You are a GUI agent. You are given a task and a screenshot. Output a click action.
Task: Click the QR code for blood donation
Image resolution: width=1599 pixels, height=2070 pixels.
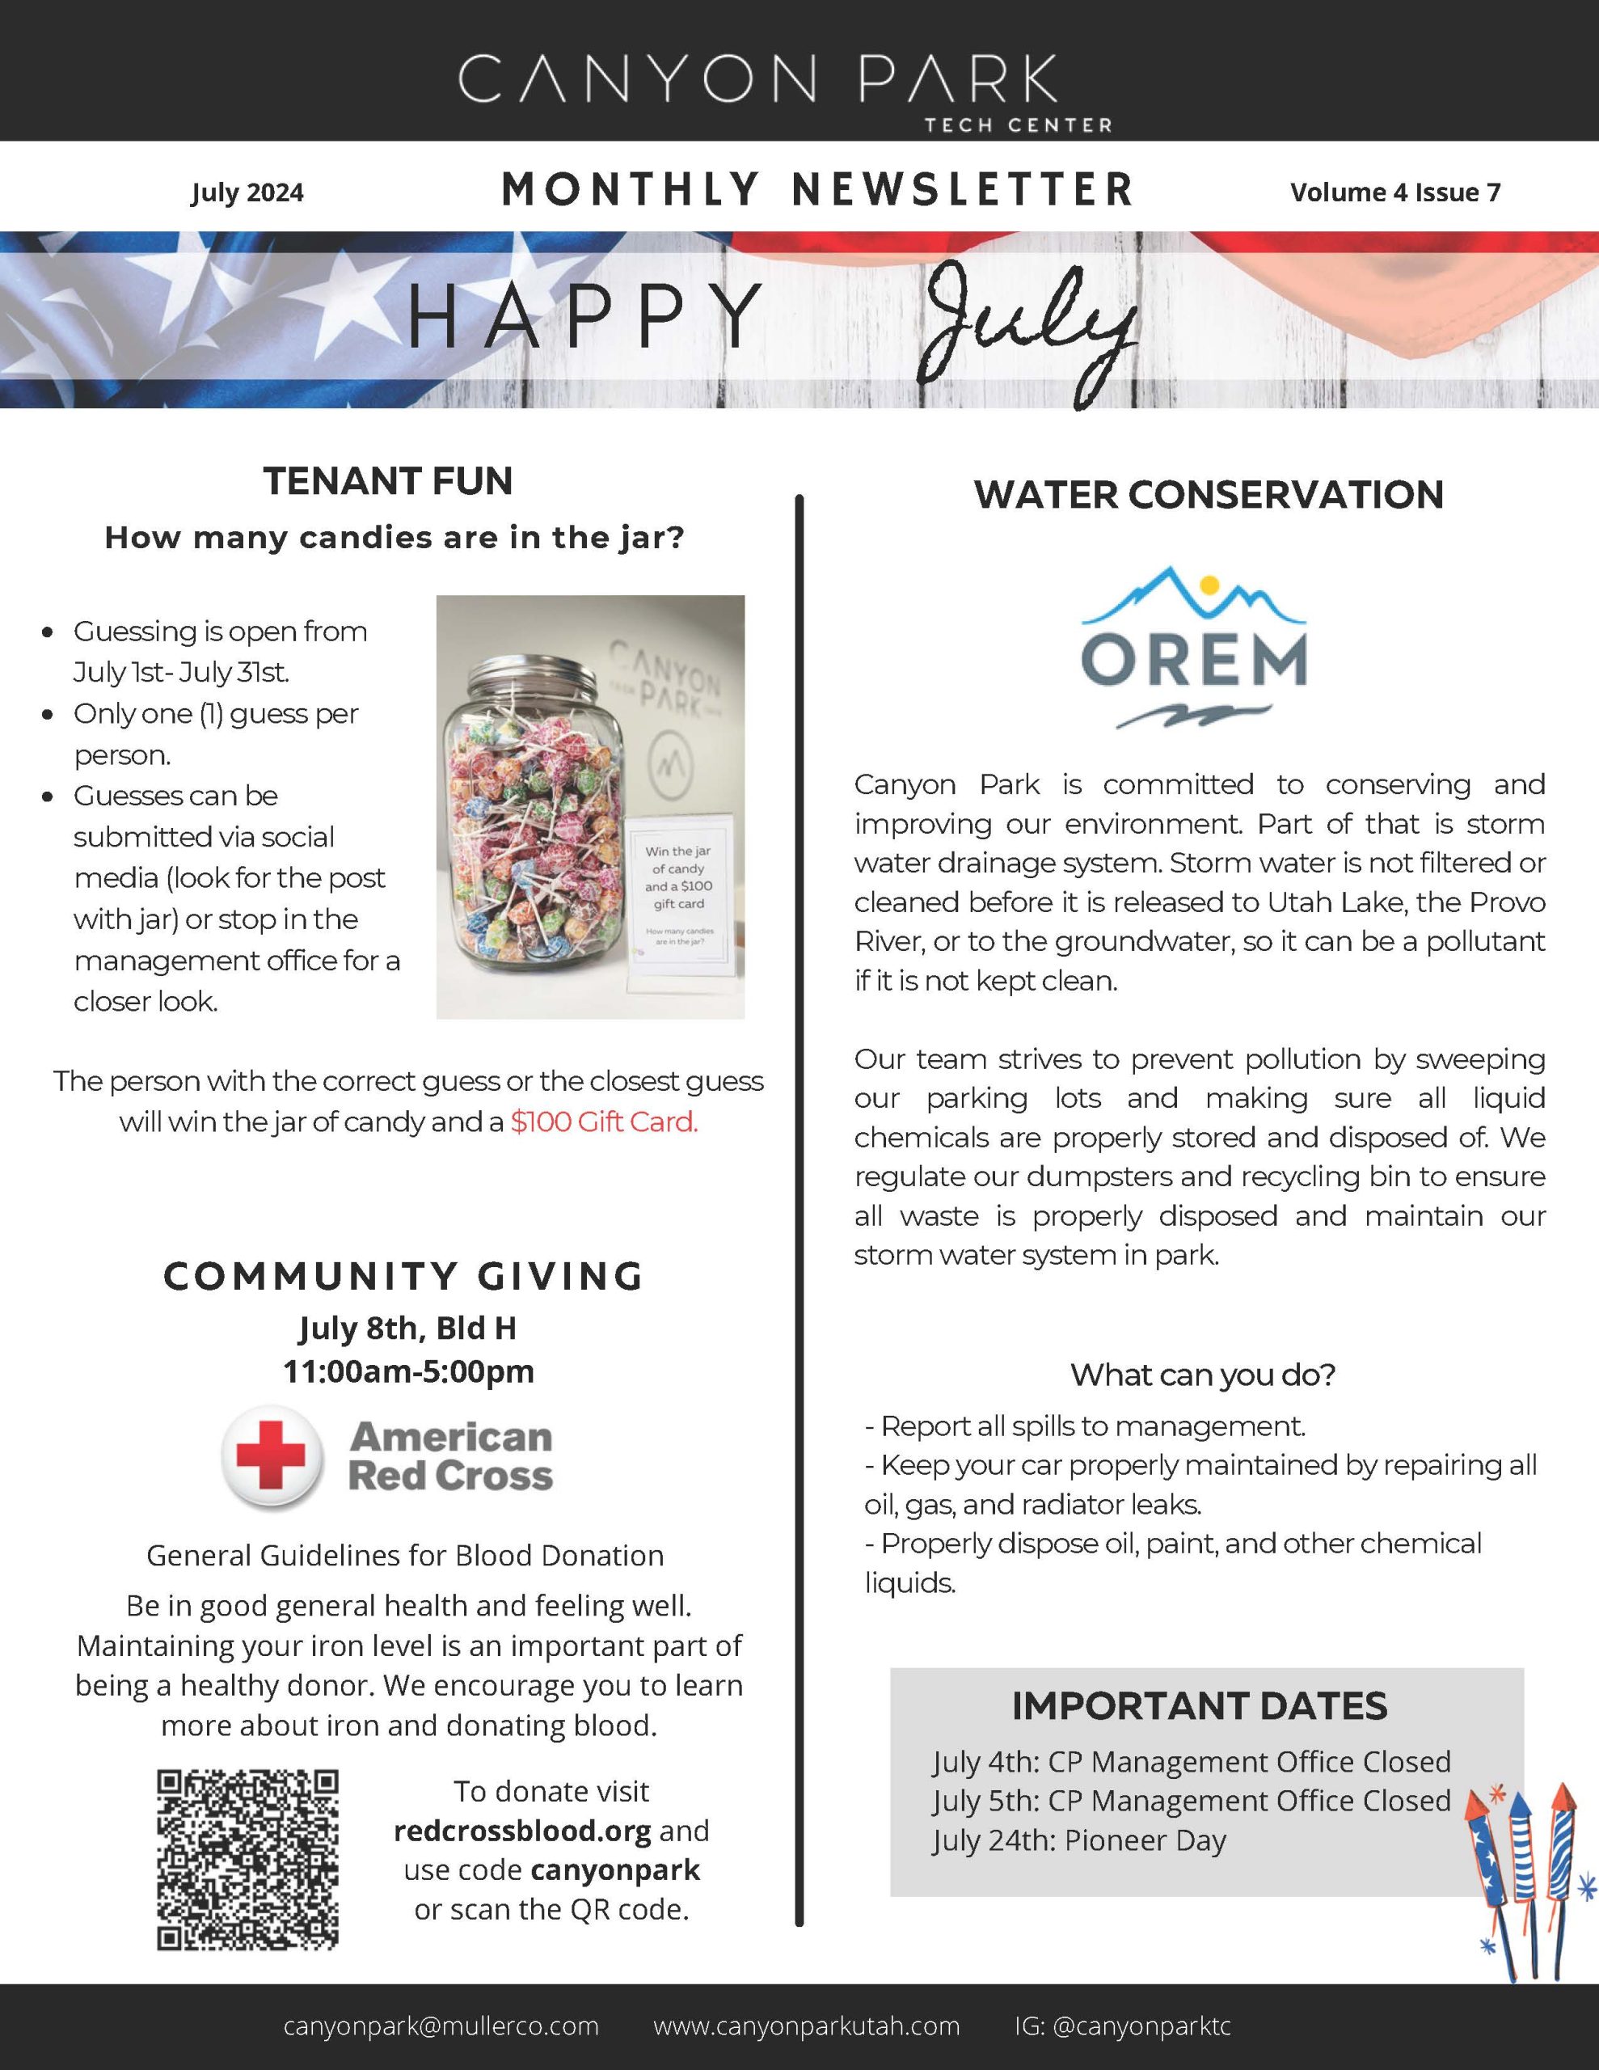pyautogui.click(x=247, y=1859)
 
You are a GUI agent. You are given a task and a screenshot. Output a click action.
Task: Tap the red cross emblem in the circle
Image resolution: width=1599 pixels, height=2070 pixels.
pyautogui.click(x=271, y=1455)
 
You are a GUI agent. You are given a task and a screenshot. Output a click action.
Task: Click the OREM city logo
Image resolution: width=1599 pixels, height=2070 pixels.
pyautogui.click(x=1193, y=648)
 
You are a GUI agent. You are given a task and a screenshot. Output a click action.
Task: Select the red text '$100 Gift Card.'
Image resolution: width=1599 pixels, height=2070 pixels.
pyautogui.click(x=604, y=1122)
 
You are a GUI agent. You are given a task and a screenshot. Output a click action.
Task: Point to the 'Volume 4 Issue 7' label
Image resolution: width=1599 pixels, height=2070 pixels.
pyautogui.click(x=1394, y=192)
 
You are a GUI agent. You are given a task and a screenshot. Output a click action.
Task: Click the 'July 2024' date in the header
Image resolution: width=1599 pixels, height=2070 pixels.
pyautogui.click(x=247, y=192)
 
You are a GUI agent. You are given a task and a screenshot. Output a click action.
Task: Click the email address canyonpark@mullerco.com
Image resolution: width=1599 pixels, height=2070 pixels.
pyautogui.click(x=441, y=2026)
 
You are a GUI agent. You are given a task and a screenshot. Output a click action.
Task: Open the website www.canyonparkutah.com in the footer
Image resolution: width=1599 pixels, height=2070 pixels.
pyautogui.click(x=807, y=2026)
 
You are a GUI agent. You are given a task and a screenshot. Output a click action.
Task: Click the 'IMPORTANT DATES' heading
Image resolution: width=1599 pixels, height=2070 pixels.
pyautogui.click(x=1199, y=1706)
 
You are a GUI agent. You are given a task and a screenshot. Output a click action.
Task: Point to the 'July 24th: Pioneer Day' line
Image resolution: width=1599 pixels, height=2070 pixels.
pyautogui.click(x=1078, y=1840)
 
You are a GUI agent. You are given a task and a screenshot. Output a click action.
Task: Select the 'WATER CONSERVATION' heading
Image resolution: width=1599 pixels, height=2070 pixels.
pyautogui.click(x=1209, y=495)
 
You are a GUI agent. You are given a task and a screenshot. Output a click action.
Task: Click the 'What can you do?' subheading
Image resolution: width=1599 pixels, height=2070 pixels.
pyautogui.click(x=1203, y=1375)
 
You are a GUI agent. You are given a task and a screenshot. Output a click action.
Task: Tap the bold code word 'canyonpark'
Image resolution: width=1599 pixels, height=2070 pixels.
pyautogui.click(x=615, y=1870)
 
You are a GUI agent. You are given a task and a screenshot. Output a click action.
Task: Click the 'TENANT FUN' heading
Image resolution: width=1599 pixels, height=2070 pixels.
pyautogui.click(x=389, y=480)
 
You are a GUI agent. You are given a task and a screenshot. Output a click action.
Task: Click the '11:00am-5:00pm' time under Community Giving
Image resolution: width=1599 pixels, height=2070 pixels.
pyautogui.click(x=408, y=1371)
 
